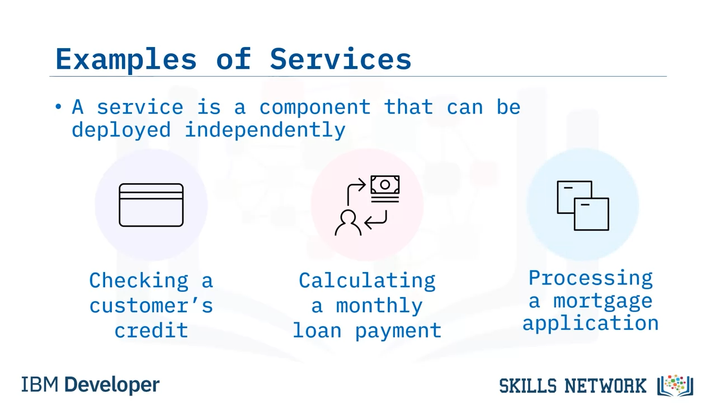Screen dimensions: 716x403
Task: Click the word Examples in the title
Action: tap(126, 60)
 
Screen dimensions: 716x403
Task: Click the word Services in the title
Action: tap(341, 59)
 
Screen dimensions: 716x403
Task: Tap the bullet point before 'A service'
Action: tap(58, 106)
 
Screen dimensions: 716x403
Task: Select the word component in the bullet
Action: tap(315, 108)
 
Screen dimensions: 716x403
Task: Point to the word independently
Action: tap(265, 130)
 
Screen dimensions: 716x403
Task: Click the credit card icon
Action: tap(151, 205)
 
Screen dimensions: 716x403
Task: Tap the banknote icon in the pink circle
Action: tap(385, 189)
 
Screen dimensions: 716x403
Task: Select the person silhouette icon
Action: tap(348, 223)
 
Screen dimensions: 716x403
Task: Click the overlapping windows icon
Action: tap(583, 205)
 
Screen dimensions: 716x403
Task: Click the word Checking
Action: tap(139, 281)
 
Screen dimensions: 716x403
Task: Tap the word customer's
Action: tap(151, 306)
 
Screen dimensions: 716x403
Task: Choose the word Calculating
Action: tap(367, 281)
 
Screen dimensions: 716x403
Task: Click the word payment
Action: tap(398, 331)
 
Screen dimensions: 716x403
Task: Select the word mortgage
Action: tap(603, 302)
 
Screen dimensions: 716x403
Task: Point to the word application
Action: tap(591, 324)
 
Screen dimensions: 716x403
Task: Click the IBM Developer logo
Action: tap(90, 385)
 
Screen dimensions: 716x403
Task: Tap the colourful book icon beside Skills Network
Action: tap(675, 385)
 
